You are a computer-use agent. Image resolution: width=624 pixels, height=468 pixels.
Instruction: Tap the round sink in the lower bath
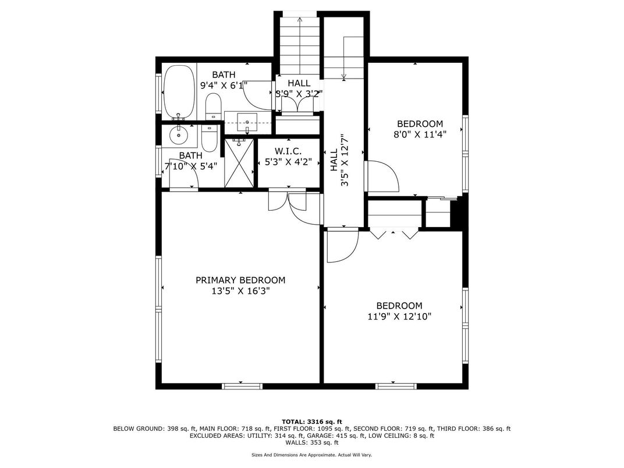point(178,136)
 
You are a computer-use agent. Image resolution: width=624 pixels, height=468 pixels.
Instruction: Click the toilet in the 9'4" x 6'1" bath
point(213,107)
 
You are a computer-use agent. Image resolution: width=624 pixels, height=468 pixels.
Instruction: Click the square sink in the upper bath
point(248,123)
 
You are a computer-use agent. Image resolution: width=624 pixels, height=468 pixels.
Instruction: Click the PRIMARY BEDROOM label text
point(240,280)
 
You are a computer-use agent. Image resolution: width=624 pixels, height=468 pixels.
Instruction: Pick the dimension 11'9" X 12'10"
point(399,317)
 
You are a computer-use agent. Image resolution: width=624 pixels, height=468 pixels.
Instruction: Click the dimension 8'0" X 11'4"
point(420,134)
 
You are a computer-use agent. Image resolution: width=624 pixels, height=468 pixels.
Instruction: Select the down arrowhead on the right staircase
point(344,76)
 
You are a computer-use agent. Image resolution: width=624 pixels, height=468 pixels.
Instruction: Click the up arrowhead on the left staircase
point(300,19)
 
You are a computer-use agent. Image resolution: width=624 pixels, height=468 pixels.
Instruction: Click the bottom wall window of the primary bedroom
point(242,385)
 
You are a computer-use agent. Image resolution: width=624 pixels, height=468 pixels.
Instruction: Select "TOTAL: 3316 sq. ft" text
point(312,421)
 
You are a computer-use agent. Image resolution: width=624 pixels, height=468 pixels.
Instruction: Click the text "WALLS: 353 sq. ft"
point(312,442)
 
